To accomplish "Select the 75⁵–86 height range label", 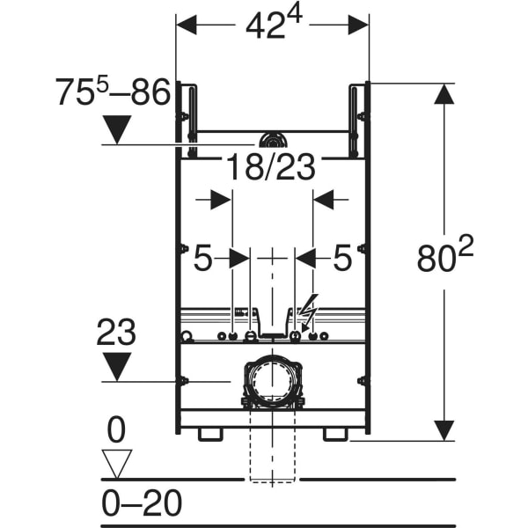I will pos(112,92).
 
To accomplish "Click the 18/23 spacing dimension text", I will pos(272,166).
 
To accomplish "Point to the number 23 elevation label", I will pos(115,333).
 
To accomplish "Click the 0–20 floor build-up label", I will pos(142,503).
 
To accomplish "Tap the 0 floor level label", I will pos(116,430).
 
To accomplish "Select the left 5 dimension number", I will pos(202,258).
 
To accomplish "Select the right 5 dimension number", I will pos(341,258).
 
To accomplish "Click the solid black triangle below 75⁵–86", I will pos(116,130).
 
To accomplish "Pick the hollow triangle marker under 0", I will pos(116,462).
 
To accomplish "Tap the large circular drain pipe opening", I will pos(272,379).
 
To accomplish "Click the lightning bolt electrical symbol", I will pos(308,312).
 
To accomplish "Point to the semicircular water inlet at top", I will pos(272,140).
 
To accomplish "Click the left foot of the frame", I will pos(209,434).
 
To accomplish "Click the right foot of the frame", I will pos(335,434).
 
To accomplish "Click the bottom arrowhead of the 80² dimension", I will pos(445,430).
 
